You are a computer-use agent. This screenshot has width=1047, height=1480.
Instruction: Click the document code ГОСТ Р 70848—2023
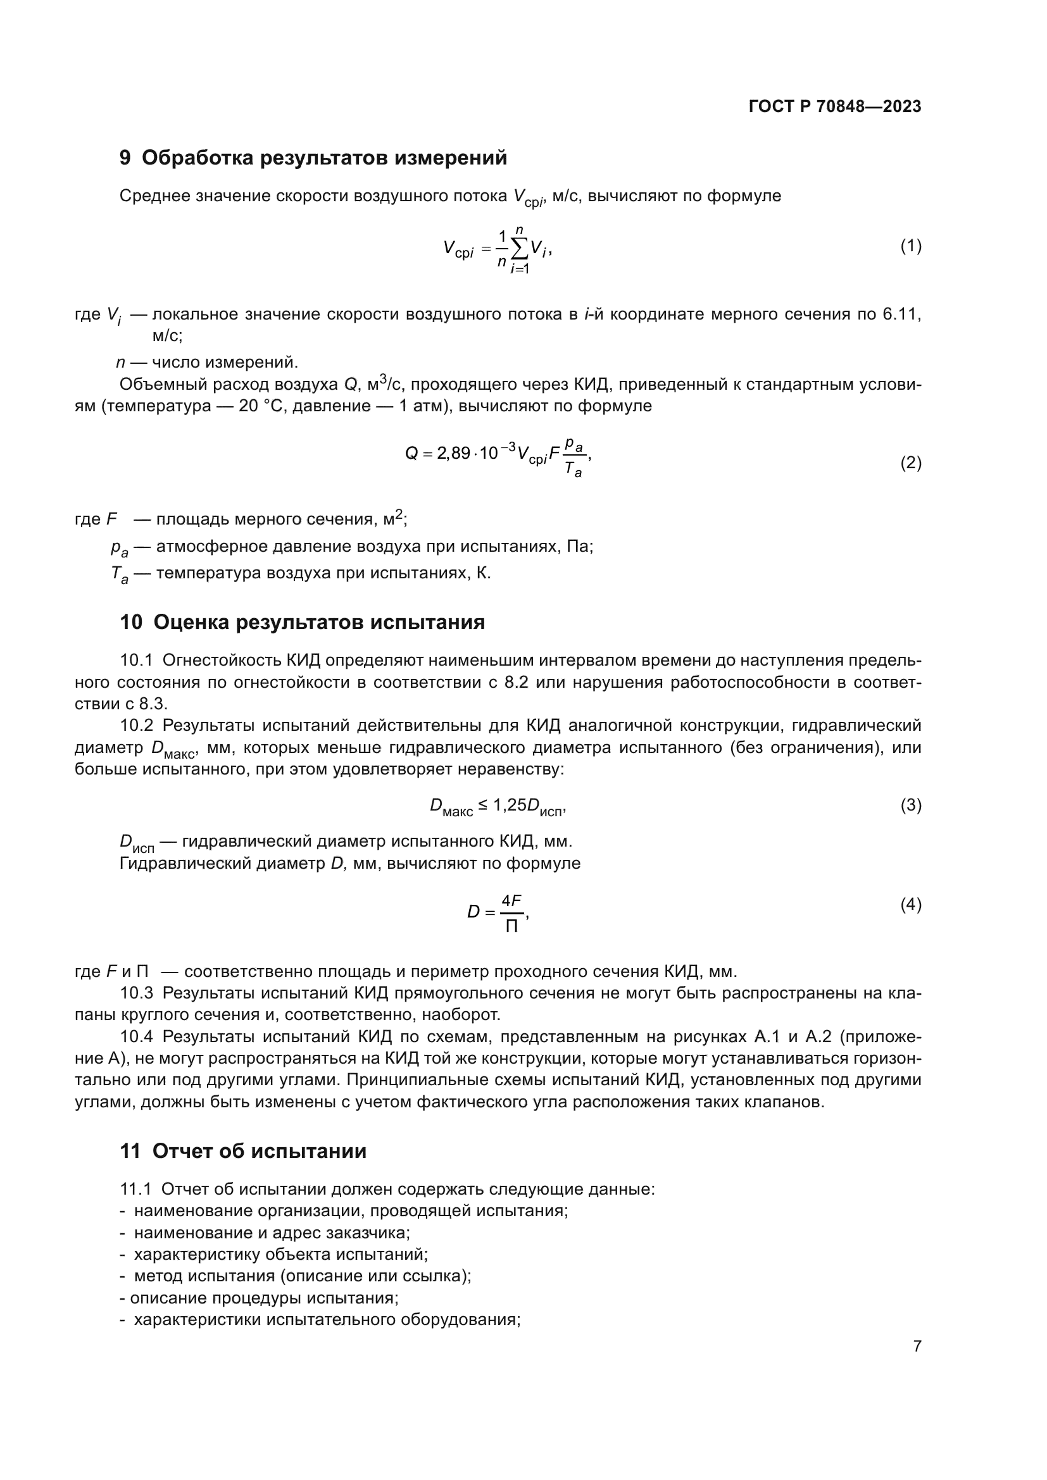(835, 106)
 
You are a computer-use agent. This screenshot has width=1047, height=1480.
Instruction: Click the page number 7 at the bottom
(917, 1346)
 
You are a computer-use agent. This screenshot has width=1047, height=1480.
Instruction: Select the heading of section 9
(313, 158)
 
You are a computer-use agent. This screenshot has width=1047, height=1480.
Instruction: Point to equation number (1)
(910, 246)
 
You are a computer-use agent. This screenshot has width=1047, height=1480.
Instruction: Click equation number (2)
(910, 462)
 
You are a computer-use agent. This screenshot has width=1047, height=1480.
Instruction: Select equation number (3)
(910, 804)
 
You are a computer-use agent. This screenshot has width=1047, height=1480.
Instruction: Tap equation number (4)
(910, 905)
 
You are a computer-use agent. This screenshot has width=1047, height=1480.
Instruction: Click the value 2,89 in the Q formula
(453, 453)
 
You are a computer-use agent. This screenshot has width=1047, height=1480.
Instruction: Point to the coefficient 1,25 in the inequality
(510, 804)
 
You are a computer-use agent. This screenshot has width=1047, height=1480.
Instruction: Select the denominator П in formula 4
(511, 927)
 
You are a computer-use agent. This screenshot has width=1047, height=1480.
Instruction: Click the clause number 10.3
(137, 993)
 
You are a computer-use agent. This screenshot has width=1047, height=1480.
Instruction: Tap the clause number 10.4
(137, 1036)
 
